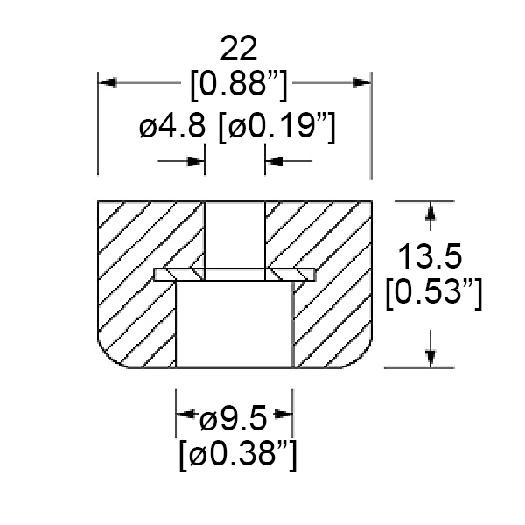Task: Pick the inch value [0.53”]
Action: (434, 293)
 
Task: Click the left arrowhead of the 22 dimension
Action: (108, 82)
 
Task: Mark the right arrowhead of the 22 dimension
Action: (362, 82)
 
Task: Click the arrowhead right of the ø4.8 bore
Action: (275, 160)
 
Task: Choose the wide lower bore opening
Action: (234, 324)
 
